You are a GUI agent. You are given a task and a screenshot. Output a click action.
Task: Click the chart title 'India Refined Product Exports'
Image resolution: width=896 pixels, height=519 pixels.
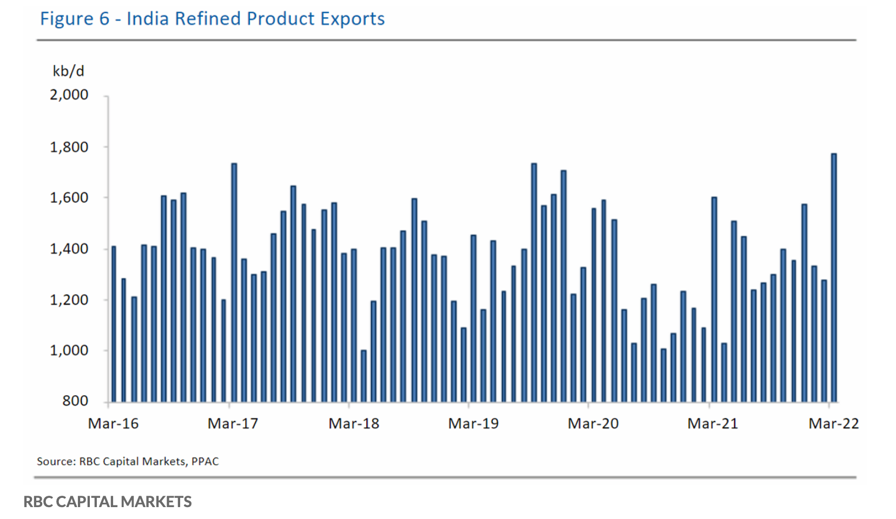(x=212, y=18)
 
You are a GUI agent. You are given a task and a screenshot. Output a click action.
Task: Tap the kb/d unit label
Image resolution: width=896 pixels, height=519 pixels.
(x=68, y=71)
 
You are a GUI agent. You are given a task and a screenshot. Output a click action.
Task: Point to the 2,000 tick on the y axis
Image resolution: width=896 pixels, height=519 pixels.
(x=69, y=95)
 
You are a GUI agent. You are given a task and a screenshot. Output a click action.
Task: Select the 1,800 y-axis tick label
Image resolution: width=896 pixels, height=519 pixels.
(x=69, y=147)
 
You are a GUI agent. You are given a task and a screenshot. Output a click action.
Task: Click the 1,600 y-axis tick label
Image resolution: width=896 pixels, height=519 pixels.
(x=69, y=198)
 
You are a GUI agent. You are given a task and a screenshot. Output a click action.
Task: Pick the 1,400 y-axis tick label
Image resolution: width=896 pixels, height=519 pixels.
(x=69, y=249)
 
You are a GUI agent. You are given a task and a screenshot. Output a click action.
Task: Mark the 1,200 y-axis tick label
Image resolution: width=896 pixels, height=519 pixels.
(x=69, y=300)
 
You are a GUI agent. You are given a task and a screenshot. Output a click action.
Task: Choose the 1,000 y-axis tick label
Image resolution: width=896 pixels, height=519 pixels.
(x=69, y=350)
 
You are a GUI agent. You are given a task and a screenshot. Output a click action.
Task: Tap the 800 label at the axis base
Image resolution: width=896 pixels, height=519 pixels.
(x=75, y=401)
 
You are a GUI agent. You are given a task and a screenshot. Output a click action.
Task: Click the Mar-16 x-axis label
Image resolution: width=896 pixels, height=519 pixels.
(x=113, y=423)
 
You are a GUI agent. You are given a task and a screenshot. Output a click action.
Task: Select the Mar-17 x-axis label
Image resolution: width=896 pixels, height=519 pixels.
(x=233, y=423)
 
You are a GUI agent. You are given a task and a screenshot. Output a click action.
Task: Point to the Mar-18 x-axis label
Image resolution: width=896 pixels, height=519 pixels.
(x=354, y=423)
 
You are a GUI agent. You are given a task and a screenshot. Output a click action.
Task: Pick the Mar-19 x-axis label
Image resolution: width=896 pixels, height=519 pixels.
(x=473, y=423)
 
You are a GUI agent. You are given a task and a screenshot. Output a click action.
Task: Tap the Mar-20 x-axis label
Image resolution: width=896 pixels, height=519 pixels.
(x=593, y=423)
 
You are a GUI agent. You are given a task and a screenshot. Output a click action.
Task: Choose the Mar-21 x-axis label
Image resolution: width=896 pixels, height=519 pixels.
(x=713, y=423)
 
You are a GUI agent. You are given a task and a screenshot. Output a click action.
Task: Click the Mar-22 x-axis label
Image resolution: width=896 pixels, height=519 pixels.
(x=834, y=423)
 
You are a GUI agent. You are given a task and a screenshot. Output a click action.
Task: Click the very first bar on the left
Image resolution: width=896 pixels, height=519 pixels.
(x=114, y=324)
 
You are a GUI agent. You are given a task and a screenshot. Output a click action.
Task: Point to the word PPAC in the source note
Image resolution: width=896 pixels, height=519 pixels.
(x=205, y=461)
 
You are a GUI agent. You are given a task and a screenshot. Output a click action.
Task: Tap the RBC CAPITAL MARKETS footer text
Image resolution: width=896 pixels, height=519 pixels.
(x=108, y=502)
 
